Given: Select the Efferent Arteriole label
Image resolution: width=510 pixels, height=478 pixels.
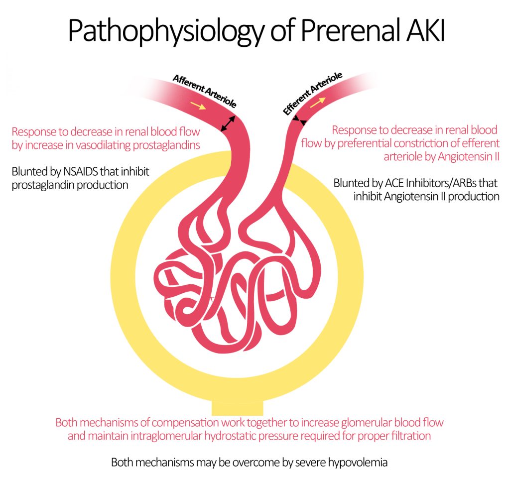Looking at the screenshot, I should [x=312, y=94].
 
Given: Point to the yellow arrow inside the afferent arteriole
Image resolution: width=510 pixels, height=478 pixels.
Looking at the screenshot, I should [x=197, y=106].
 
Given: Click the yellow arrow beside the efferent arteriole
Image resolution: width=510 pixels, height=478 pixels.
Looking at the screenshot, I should [x=317, y=102].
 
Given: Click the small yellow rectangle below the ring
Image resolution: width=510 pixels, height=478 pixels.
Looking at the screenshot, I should [x=238, y=407].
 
